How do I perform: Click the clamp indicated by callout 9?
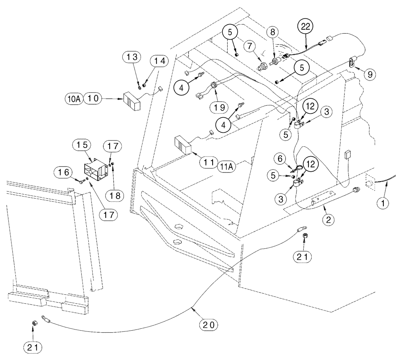(352, 61)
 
